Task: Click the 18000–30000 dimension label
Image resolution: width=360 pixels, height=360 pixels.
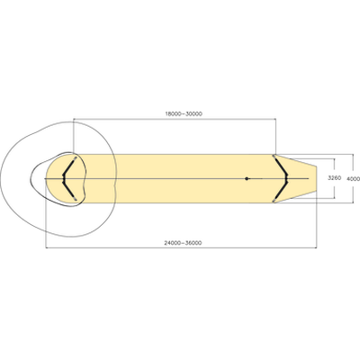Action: pos(184,113)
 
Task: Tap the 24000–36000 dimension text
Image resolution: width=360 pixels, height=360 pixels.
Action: pos(183,243)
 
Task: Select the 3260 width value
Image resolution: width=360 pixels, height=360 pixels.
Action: pos(334,178)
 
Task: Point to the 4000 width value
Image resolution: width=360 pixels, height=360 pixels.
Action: pos(353,179)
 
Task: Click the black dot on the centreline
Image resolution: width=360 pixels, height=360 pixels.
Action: pos(247,178)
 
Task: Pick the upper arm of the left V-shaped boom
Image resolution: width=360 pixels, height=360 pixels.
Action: pos(68,166)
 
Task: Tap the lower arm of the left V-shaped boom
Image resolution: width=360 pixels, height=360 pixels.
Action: pos(68,191)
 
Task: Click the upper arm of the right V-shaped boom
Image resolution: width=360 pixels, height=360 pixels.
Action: pos(281,166)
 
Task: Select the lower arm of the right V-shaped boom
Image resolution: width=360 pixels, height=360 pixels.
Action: pos(281,192)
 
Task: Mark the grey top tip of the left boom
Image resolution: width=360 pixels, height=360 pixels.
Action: pos(76,157)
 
